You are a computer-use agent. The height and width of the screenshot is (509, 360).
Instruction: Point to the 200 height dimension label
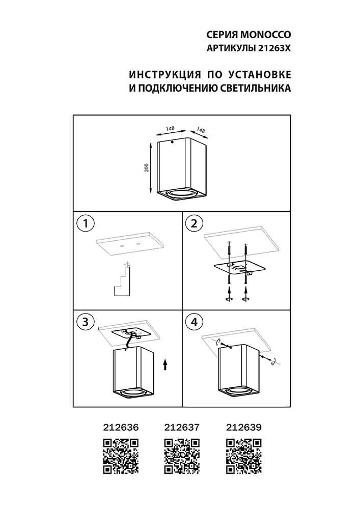coord(147,167)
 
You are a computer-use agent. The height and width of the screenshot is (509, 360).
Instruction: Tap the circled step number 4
coord(194,322)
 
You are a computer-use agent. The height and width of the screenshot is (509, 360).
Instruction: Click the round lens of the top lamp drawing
coord(182,194)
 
